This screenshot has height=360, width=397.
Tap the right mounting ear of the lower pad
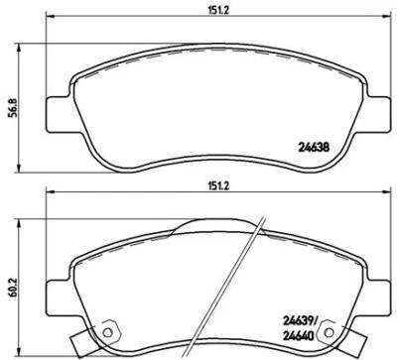(378, 289)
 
